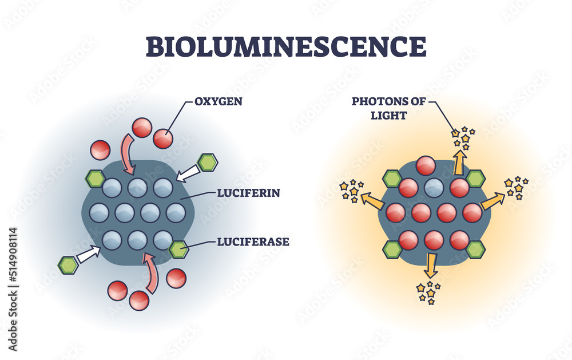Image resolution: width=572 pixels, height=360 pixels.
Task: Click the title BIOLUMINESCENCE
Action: pos(286,46)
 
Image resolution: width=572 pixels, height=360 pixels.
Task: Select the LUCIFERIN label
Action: pos(248,193)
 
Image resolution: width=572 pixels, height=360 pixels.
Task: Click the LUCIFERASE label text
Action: pos(253,242)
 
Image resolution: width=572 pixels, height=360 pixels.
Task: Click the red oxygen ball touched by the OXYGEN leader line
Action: pos(163,138)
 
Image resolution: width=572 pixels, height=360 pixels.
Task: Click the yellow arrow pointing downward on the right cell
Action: pos(431,265)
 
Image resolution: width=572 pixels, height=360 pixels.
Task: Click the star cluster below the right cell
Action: pos(428,292)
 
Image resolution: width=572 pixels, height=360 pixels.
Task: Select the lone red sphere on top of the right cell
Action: pos(426,166)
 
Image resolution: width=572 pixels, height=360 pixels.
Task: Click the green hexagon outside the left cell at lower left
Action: pos(68,266)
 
